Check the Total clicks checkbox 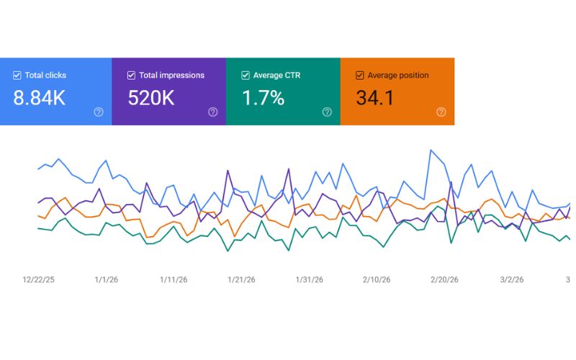click(17, 76)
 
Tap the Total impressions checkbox click(131, 76)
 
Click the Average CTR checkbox click(246, 76)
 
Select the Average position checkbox click(359, 76)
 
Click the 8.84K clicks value click(40, 98)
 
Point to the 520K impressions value click(151, 98)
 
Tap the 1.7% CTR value click(264, 98)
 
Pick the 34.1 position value click(375, 98)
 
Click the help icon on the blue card click(99, 112)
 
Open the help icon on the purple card click(212, 112)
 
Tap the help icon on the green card click(327, 112)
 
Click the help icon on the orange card click(441, 112)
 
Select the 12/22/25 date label click(39, 279)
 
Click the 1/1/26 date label click(107, 279)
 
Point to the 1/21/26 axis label click(241, 279)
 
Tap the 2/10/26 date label click(377, 279)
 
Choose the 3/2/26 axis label click(512, 279)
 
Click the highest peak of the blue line click(431, 150)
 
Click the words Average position click(398, 76)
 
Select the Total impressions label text click(171, 76)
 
